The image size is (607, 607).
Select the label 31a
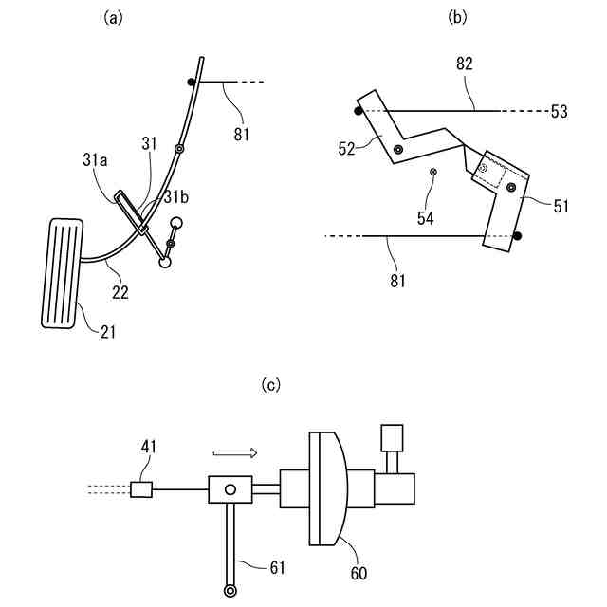pyautogui.click(x=95, y=162)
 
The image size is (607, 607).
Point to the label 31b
pyautogui.click(x=175, y=197)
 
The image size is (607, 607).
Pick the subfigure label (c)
pyautogui.click(x=272, y=384)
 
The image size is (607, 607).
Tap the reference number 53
pyautogui.click(x=559, y=112)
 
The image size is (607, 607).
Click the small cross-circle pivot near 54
pyautogui.click(x=434, y=172)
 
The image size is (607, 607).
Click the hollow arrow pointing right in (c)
pyautogui.click(x=235, y=453)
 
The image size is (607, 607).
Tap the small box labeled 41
pyautogui.click(x=142, y=489)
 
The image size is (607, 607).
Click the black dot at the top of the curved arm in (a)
pyautogui.click(x=192, y=83)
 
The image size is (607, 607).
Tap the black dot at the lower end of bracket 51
pyautogui.click(x=517, y=234)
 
